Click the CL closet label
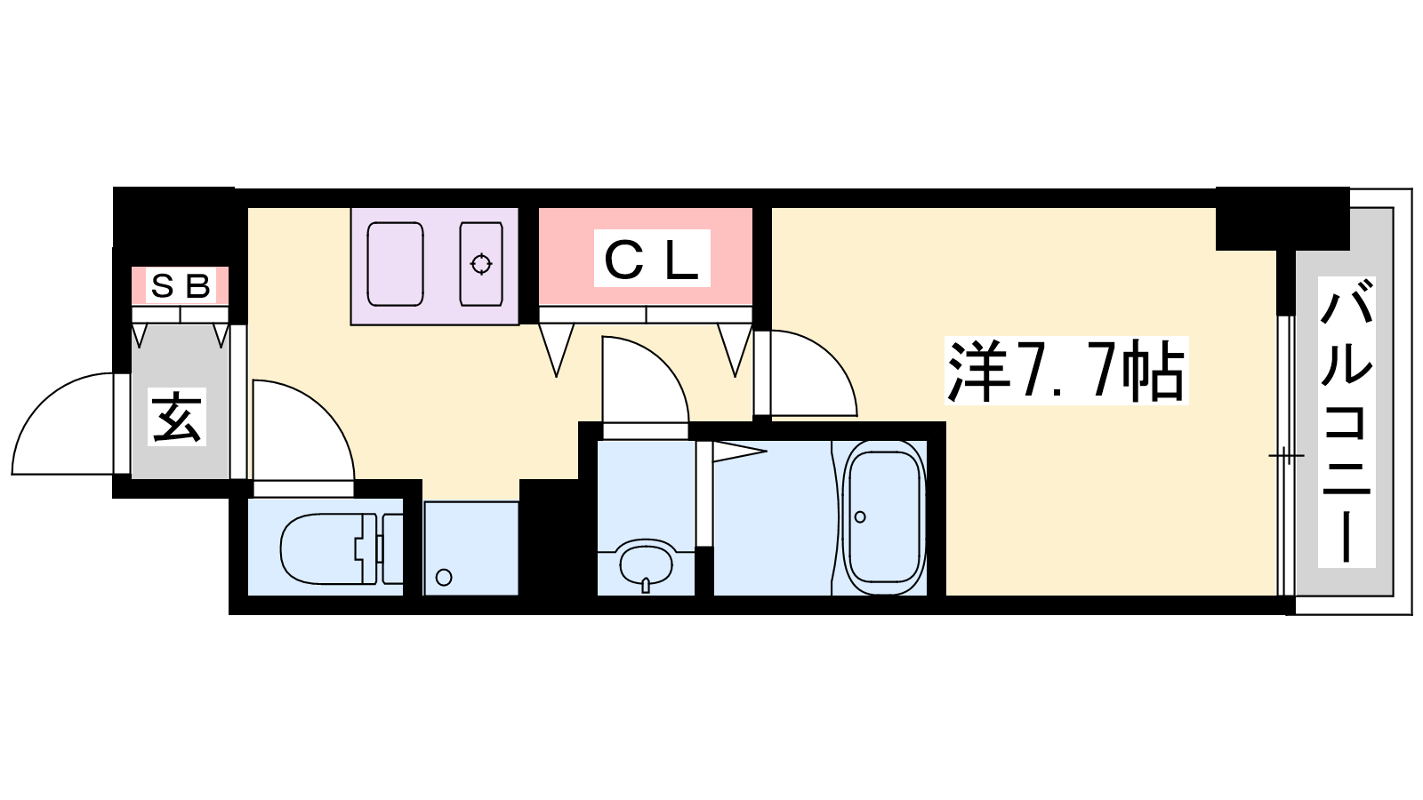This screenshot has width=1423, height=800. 652,259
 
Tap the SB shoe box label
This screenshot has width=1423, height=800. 181,285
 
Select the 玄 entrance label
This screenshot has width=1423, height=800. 177,417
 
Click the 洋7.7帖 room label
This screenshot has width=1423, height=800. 1066,371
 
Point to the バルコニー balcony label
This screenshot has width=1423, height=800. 1347,421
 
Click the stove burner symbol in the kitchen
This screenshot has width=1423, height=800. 481,263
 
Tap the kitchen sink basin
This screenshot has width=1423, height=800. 395,264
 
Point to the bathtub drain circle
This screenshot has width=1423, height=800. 860,517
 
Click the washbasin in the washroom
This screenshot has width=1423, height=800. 646,564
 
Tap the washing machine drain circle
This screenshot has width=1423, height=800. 444,578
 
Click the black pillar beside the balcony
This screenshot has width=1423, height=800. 1282,219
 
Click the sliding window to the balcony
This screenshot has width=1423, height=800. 1286,455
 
